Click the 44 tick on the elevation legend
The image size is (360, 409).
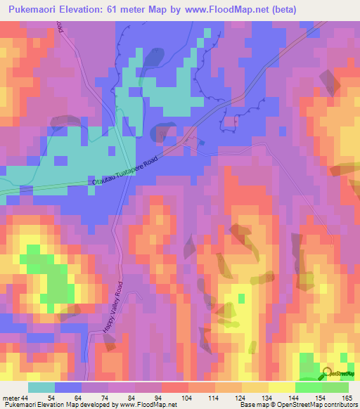[x=25, y=398]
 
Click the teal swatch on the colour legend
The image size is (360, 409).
[x=41, y=388]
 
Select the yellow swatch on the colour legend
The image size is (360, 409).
[x=281, y=388]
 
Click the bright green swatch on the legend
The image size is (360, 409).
[x=309, y=388]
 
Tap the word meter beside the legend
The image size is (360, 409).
[x=11, y=398]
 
